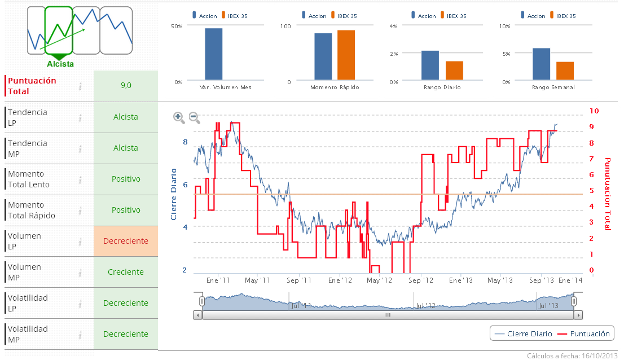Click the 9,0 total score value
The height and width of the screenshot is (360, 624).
[126, 86]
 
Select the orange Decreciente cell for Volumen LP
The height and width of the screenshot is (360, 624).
[126, 241]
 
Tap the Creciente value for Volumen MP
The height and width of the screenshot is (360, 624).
[126, 272]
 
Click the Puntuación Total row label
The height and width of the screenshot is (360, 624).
[32, 86]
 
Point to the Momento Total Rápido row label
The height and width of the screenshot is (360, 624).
[29, 210]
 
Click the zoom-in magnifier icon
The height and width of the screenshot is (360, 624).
[179, 117]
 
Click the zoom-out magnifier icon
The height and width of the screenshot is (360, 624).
[194, 117]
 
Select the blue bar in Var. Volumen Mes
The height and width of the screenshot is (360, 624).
[213, 54]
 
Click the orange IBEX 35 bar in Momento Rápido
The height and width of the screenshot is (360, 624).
[346, 55]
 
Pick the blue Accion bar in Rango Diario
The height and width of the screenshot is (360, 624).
[430, 65]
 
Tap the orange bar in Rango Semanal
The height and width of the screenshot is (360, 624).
[565, 71]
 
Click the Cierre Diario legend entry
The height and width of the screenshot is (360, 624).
[524, 333]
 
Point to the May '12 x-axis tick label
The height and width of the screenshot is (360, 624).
[379, 280]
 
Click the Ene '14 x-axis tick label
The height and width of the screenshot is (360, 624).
[570, 280]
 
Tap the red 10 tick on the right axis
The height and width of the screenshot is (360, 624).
[594, 111]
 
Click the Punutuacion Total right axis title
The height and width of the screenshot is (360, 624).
[608, 194]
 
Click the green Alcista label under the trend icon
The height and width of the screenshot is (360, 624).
[60, 64]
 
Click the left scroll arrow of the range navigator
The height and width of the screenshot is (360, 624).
[197, 315]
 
